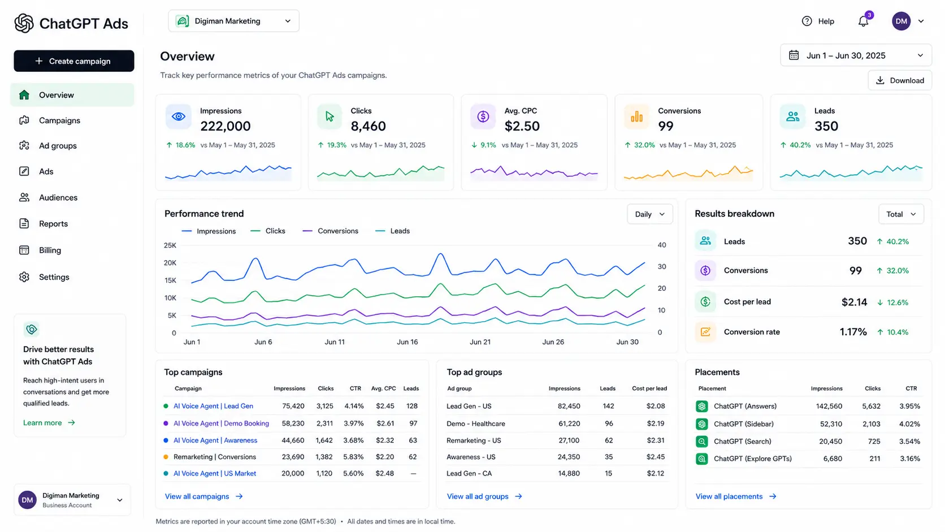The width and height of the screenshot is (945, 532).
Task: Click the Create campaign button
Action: (74, 61)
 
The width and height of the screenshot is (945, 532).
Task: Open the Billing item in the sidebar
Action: (50, 250)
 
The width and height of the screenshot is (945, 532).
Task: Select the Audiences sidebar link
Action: (58, 197)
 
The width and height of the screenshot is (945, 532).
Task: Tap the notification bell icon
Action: (863, 21)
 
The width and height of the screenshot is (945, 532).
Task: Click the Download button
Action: (900, 80)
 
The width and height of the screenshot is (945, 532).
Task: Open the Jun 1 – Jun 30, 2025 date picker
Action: (856, 55)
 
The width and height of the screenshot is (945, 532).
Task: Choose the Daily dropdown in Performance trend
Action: (650, 214)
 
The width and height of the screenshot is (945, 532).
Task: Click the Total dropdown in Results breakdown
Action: (901, 214)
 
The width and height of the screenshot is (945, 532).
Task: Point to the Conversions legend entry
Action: (330, 231)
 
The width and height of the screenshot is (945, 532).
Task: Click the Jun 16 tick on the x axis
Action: (407, 341)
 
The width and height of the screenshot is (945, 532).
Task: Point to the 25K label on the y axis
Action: (170, 245)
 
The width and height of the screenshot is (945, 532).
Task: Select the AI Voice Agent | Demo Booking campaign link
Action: (221, 423)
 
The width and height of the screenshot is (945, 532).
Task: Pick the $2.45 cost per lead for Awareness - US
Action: (656, 457)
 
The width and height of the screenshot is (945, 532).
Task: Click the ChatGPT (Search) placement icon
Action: (701, 442)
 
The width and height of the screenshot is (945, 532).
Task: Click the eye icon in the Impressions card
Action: (179, 116)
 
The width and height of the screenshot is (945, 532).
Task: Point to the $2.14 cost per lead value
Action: (854, 302)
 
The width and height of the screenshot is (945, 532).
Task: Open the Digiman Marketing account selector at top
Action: (234, 21)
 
